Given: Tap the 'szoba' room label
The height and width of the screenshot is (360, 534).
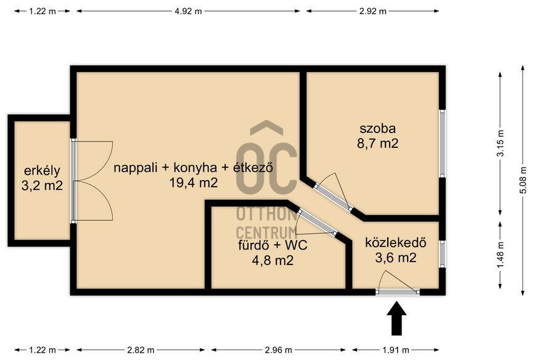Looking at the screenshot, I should click(377, 129).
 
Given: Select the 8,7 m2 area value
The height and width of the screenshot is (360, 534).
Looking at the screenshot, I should click(377, 144).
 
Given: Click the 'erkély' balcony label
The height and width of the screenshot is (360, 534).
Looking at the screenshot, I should click(42, 170).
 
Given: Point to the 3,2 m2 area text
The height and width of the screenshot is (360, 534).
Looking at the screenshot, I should click(42, 185).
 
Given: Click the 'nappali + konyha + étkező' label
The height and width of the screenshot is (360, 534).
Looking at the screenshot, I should click(194, 167).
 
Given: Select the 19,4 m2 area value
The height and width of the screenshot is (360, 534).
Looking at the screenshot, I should click(194, 182).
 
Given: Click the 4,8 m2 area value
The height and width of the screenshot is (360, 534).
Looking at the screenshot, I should click(273, 260).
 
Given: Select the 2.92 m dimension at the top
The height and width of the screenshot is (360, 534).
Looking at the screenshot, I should click(372, 10).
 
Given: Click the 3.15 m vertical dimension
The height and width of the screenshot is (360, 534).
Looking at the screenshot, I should click(500, 144).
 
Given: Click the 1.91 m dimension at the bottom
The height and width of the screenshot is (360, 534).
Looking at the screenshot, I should click(398, 351).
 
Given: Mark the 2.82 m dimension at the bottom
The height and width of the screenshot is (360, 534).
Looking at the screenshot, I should click(141, 351).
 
